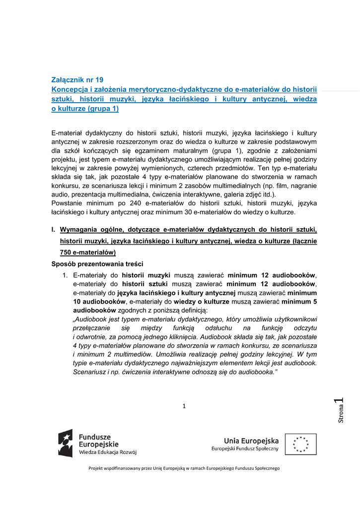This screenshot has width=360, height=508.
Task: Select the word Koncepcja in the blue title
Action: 70,89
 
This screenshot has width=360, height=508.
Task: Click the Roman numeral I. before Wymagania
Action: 53,230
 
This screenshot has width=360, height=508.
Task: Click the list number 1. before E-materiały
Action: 65,275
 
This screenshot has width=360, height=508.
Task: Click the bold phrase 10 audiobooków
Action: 99,301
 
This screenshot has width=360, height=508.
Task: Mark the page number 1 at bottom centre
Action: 184,406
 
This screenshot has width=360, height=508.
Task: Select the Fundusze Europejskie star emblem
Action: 66,443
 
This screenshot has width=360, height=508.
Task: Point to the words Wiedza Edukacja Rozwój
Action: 108,452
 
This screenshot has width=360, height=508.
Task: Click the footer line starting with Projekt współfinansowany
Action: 184,468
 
